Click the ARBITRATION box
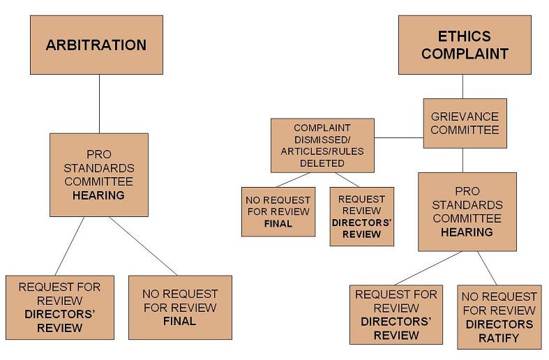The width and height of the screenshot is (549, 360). (x=96, y=45)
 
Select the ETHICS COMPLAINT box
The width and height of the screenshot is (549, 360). (x=464, y=45)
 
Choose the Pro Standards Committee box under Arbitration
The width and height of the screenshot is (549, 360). (x=98, y=174)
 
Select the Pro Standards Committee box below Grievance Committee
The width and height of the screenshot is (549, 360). (x=467, y=211)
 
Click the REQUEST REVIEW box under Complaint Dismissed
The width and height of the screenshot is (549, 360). (x=361, y=216)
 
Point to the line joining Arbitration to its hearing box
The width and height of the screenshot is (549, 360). (x=98, y=103)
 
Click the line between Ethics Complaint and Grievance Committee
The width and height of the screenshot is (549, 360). (x=462, y=86)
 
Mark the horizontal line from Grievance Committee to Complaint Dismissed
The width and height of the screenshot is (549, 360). (x=398, y=137)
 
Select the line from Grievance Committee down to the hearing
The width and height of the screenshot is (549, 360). (x=462, y=160)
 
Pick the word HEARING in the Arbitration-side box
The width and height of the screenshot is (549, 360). (x=98, y=195)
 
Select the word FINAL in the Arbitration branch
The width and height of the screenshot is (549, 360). (x=179, y=322)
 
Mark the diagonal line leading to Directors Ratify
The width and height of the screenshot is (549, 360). (x=488, y=267)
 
